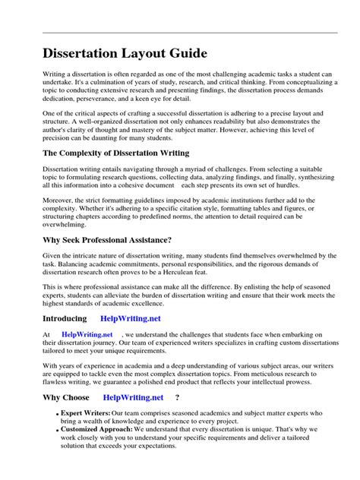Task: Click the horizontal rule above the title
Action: point(180,33)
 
